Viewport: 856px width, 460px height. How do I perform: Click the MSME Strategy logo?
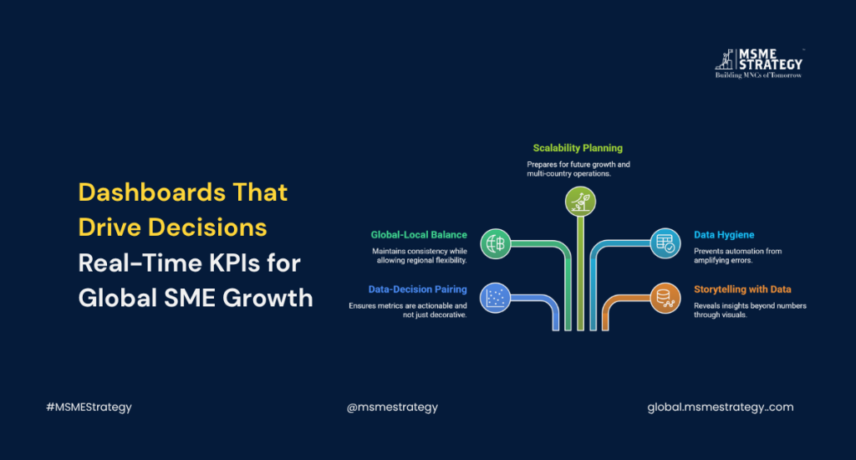[x=759, y=64]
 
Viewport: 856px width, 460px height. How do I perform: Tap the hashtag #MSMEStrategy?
[x=89, y=407]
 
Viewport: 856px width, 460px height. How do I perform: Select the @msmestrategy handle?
[x=392, y=407]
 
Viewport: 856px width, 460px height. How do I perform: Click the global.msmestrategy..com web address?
[x=720, y=407]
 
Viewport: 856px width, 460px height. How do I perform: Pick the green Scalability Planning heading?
[x=578, y=148]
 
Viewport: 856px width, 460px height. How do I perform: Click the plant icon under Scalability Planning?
[x=580, y=202]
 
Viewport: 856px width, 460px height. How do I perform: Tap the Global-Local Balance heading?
[x=419, y=235]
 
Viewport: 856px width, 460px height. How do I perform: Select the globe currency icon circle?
[x=495, y=243]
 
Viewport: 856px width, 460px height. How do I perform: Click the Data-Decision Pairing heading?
[x=418, y=289]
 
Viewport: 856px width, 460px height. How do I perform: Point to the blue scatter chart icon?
[x=495, y=299]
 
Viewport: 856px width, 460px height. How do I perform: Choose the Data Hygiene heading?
[x=724, y=235]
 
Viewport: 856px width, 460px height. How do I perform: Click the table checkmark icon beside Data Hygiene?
[x=665, y=243]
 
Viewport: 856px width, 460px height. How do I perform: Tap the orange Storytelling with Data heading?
[x=742, y=289]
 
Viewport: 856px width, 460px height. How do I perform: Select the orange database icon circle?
[x=665, y=299]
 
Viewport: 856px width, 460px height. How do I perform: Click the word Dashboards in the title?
[x=152, y=192]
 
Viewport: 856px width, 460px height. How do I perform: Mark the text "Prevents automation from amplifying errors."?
[x=737, y=256]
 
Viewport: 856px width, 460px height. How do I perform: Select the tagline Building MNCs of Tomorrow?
[x=758, y=75]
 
